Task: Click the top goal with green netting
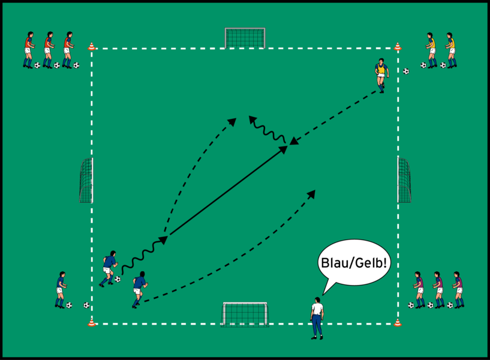[x=245, y=37]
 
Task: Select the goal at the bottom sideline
[x=245, y=313]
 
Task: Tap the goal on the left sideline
[x=86, y=180]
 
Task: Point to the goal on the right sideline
[x=404, y=180]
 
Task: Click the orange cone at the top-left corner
[x=92, y=46]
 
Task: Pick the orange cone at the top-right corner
[x=397, y=46]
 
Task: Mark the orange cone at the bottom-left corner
[x=92, y=323]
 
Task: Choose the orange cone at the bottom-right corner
[x=397, y=323]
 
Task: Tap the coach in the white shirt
[x=316, y=317]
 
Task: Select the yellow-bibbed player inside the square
[x=381, y=73]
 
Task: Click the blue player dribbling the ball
[x=109, y=268]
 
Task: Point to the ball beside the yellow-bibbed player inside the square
[x=406, y=71]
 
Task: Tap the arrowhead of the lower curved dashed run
[x=312, y=193]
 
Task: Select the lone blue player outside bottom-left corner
[x=60, y=289]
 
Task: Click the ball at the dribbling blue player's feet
[x=118, y=279]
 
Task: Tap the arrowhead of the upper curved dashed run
[x=232, y=121]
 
